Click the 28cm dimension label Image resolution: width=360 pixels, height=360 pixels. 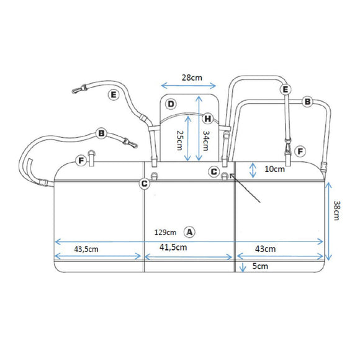tap(192, 78)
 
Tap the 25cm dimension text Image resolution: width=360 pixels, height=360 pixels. tap(180, 140)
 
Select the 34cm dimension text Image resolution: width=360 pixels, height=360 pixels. tap(206, 140)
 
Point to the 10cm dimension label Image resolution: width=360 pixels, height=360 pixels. tap(274, 169)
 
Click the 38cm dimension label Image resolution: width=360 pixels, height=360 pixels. tap(336, 210)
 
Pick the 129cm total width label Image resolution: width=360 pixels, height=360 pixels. tap(165, 232)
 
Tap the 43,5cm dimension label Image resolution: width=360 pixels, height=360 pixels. tap(86, 250)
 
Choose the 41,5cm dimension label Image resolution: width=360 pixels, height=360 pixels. tap(173, 247)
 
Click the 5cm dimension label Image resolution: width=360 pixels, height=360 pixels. tap(260, 266)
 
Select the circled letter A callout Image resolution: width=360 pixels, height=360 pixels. tap(189, 232)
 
